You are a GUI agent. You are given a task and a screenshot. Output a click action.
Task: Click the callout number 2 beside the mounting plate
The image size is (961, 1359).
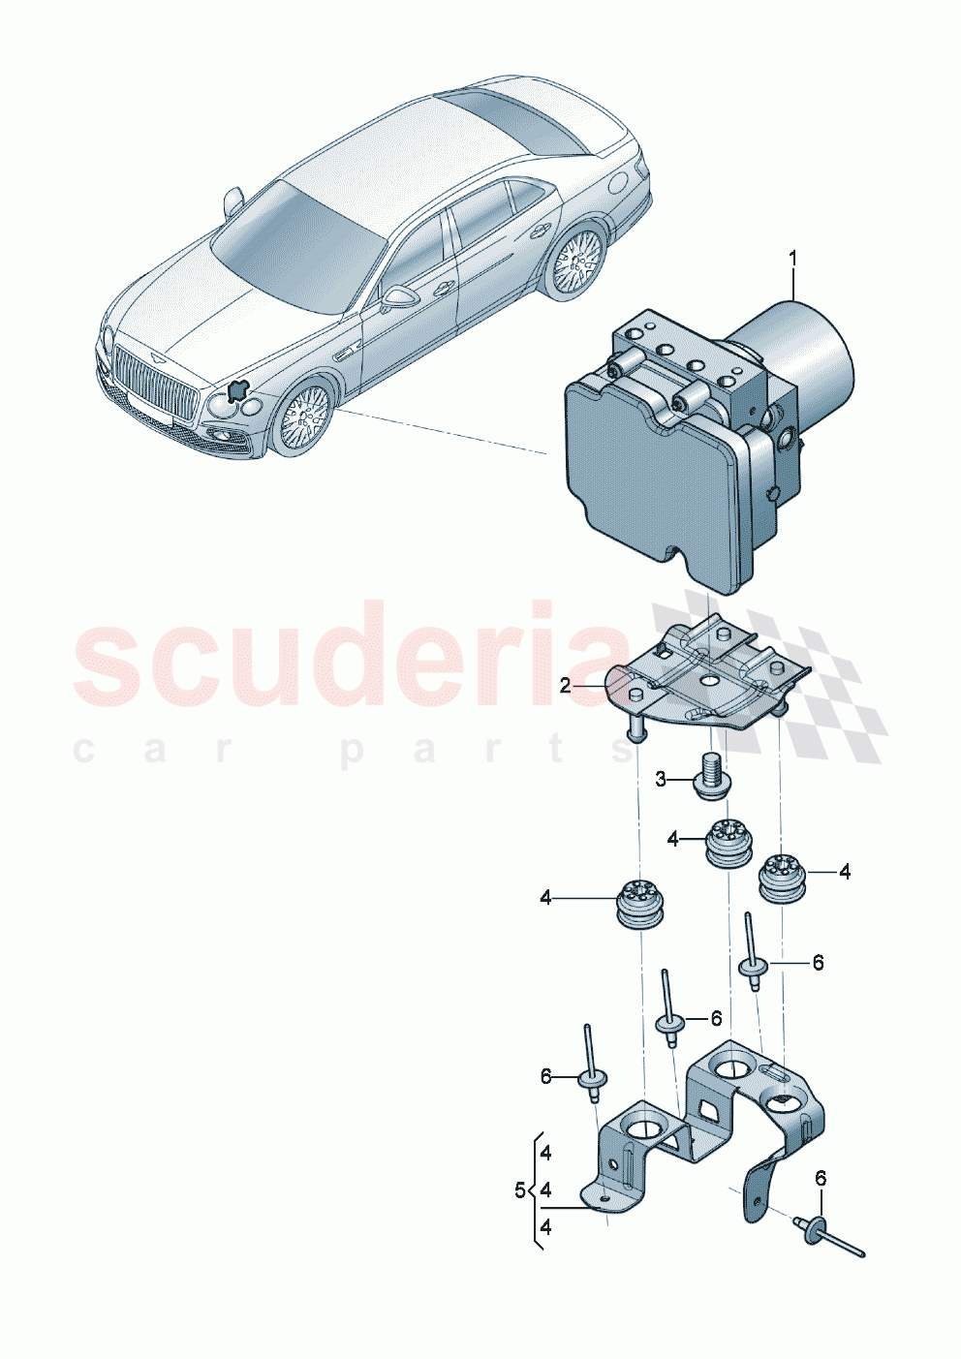click(x=566, y=687)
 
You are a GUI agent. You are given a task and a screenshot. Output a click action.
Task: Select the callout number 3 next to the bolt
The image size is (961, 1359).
click(x=661, y=779)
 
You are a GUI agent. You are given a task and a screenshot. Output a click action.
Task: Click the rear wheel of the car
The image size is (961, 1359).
click(x=576, y=262)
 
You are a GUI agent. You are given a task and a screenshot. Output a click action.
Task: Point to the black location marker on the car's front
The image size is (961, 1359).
click(x=236, y=390)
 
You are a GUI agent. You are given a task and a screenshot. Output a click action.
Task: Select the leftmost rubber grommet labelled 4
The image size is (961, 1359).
click(x=638, y=904)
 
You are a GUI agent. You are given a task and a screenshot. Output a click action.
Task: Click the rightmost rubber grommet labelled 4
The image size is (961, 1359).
click(x=781, y=877)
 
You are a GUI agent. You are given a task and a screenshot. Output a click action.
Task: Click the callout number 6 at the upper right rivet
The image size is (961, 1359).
click(x=818, y=962)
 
